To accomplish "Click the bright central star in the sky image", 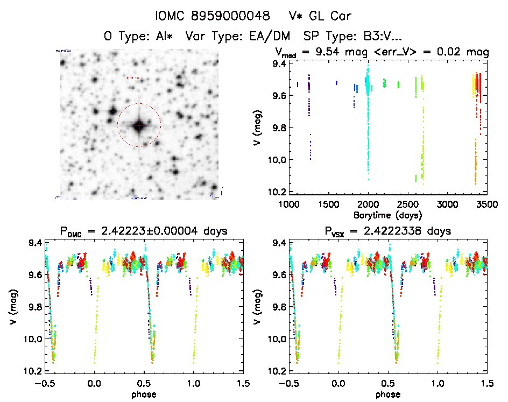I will (x=139, y=125).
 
